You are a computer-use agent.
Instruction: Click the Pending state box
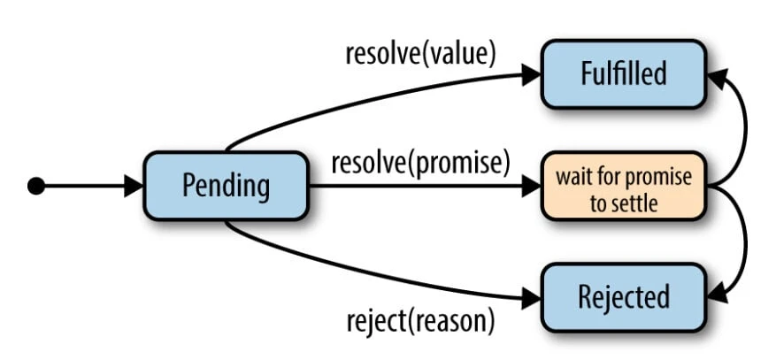225,187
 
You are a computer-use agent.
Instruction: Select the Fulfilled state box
623,73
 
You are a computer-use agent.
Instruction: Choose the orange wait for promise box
623,187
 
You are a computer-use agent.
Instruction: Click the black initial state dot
36,186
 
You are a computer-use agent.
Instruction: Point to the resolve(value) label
420,52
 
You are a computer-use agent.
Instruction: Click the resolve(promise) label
421,163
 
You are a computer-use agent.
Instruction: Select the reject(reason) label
419,320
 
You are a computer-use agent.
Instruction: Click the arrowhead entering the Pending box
134,186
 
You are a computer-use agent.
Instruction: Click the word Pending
225,187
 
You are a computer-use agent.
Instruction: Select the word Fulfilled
623,73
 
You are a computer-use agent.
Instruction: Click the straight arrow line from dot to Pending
84,186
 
